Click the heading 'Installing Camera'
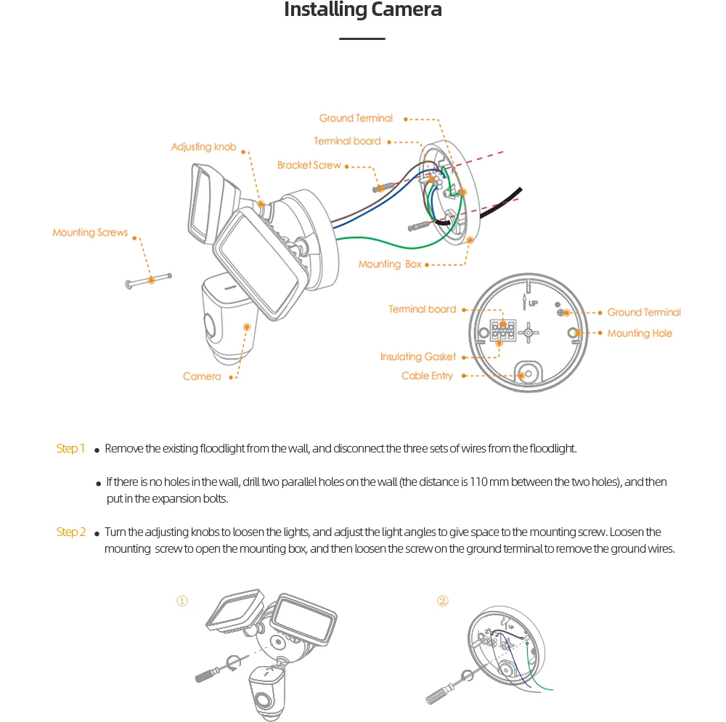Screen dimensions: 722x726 click(362, 10)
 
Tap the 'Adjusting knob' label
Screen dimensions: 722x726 click(203, 147)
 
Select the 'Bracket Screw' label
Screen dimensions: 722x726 click(309, 166)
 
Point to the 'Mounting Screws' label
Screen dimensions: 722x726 click(90, 232)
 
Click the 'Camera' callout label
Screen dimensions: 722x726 click(202, 376)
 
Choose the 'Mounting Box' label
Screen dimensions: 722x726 click(390, 264)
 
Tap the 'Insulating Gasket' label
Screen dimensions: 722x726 click(418, 357)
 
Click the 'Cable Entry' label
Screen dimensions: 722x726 click(427, 376)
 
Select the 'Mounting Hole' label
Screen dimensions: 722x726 click(640, 333)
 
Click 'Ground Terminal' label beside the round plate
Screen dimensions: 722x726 click(644, 312)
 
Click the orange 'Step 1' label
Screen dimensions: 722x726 click(70, 448)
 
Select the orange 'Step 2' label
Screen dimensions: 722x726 click(70, 532)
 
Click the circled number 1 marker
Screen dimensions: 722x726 click(182, 601)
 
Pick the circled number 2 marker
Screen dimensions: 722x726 click(443, 601)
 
